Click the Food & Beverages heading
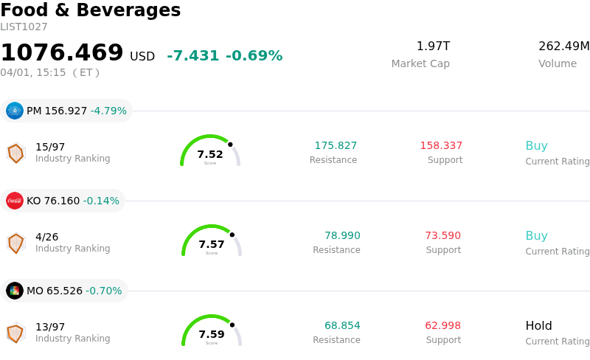coord(90,10)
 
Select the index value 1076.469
coord(62,53)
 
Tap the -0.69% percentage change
coord(254,56)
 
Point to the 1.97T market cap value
coord(433,46)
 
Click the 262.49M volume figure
coord(563,46)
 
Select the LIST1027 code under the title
coord(24,27)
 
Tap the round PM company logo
coord(15,111)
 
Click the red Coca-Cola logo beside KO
coord(15,201)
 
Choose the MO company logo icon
coord(15,291)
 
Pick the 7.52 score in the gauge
coord(210,154)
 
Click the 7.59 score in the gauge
coord(212,334)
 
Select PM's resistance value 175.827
coord(336,146)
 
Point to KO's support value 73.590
coord(442,236)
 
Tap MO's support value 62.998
coord(442,326)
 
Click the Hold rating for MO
coord(538,326)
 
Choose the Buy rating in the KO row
coord(536,236)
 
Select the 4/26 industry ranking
coord(47,237)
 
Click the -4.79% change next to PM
coord(108,111)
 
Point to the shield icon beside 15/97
coord(15,153)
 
